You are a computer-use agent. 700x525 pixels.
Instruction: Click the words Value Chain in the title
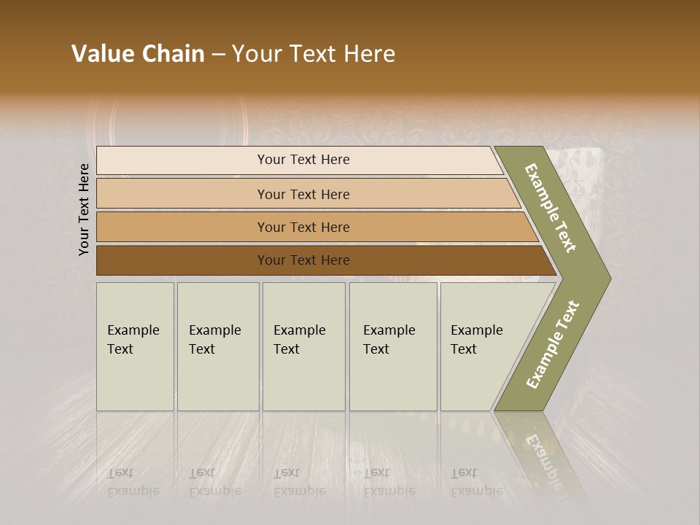[x=138, y=54]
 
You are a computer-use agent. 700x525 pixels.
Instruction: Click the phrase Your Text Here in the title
[x=314, y=54]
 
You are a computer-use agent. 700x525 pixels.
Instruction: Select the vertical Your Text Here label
[x=84, y=209]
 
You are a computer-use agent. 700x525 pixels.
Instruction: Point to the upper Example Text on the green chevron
[x=551, y=208]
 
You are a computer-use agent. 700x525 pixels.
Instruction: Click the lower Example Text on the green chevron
[x=552, y=344]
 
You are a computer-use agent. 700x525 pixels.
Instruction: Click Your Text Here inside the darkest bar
[x=303, y=260]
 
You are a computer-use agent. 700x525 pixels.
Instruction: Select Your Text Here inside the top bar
[x=303, y=160]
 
